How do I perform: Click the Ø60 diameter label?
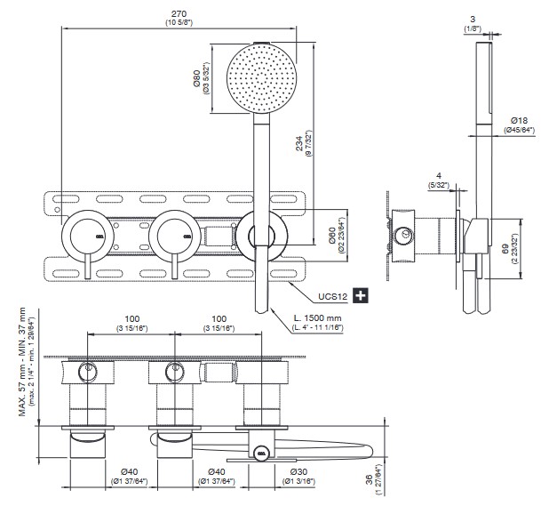pyautogui.click(x=330, y=237)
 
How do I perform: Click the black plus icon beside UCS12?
pyautogui.click(x=360, y=295)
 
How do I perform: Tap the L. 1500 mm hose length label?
pyautogui.click(x=319, y=319)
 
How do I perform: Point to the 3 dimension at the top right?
pyautogui.click(x=473, y=18)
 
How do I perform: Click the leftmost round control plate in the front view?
pyautogui.click(x=86, y=237)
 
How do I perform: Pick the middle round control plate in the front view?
pyautogui.click(x=173, y=237)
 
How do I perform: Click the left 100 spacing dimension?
pyautogui.click(x=131, y=317)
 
